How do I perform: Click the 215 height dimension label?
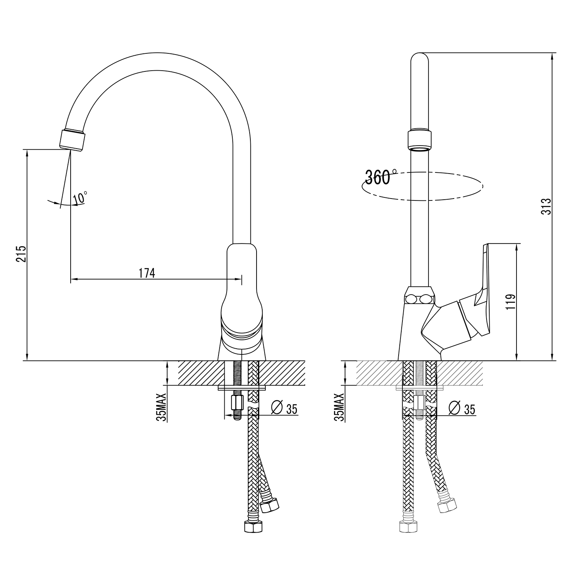[21, 253]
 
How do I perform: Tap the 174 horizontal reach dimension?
[147, 273]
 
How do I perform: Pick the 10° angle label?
[80, 197]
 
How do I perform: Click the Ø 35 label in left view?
[284, 409]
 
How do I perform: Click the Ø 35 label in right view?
[462, 409]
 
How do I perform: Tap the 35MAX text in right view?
[340, 407]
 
